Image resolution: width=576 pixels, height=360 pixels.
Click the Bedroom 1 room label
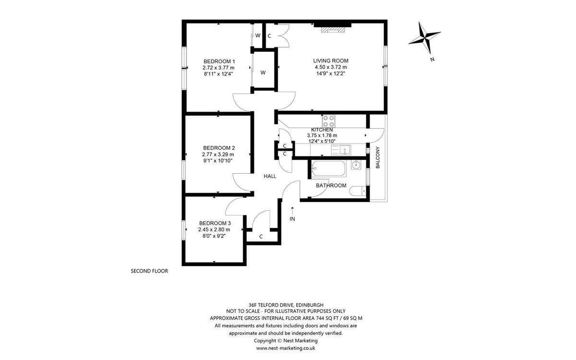point(219,61)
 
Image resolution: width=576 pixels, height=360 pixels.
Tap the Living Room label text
point(331,61)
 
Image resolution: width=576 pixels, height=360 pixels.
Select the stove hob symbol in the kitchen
point(329,121)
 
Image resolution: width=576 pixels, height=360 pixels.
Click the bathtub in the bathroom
point(328,168)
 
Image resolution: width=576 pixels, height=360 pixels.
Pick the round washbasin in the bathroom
point(356,165)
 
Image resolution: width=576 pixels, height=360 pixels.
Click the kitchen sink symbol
point(341,150)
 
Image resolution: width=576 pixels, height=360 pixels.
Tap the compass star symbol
point(424,38)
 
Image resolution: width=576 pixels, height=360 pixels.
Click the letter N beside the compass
point(432,60)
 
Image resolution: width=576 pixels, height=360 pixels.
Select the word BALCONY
point(377,157)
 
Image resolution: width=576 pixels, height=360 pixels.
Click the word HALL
point(270,176)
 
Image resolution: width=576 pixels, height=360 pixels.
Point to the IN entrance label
point(292,219)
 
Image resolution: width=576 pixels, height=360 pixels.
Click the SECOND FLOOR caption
point(149,271)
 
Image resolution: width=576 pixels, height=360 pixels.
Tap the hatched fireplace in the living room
point(333,30)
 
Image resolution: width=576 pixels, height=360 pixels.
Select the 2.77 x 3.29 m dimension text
point(218,155)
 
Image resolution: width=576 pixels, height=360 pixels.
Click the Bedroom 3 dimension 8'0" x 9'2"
point(214,236)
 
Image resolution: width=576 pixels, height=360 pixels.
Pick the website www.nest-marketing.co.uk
point(286,348)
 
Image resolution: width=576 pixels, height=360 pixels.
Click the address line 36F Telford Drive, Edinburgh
point(286,305)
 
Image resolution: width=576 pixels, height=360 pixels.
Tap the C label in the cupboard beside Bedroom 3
point(261,237)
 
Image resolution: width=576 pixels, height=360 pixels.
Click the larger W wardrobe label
point(263,73)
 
